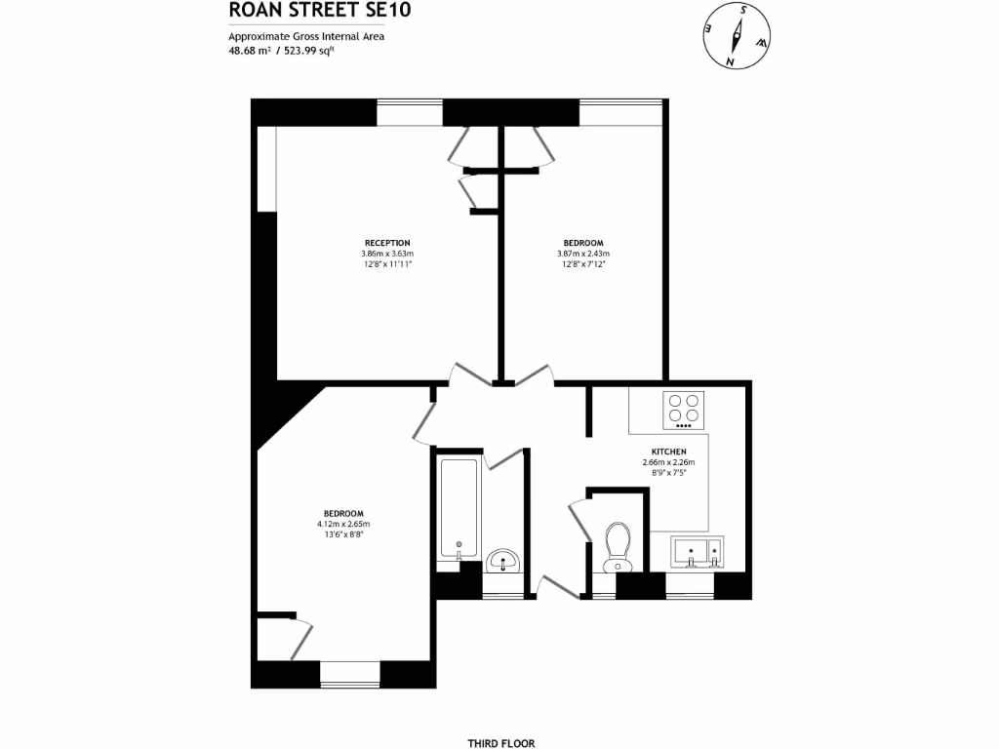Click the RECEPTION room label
click(387, 243)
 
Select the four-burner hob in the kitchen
click(683, 411)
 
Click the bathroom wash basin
click(503, 561)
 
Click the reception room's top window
click(410, 113)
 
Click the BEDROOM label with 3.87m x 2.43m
click(583, 243)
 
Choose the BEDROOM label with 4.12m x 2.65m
click(344, 514)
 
